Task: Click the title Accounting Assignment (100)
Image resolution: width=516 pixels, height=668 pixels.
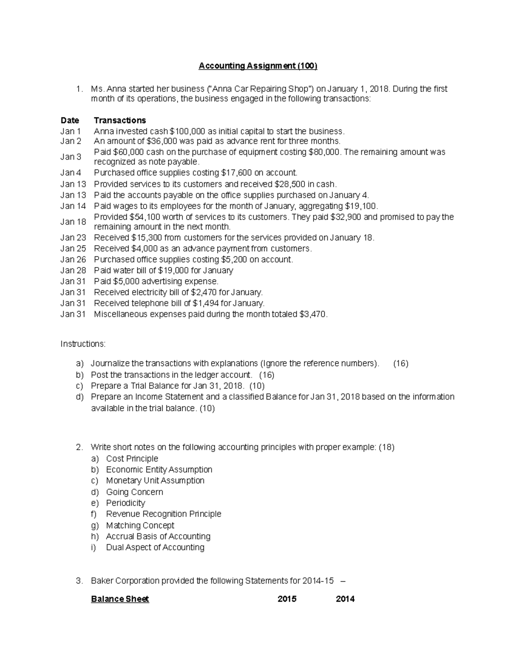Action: [x=258, y=66]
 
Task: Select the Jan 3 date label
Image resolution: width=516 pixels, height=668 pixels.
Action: [x=71, y=157]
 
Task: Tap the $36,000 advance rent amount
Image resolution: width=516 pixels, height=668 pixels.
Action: [x=161, y=141]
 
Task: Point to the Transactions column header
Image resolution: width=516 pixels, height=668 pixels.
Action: [x=120, y=120]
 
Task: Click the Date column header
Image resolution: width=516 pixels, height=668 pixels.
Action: [x=70, y=120]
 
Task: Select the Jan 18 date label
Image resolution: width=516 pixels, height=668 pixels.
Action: [x=73, y=222]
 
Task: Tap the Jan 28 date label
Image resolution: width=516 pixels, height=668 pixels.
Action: [x=73, y=271]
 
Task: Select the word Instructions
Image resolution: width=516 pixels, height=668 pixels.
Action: [x=83, y=344]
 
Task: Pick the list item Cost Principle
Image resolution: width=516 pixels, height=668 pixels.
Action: [x=132, y=459]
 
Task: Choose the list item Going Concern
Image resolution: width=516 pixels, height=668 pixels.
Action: [x=134, y=492]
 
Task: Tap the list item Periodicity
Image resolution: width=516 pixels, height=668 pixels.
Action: [x=125, y=503]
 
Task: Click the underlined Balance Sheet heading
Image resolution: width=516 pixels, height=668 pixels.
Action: [x=120, y=599]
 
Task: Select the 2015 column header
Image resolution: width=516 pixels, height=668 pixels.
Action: [x=287, y=599]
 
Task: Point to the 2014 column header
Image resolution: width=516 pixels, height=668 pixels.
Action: [x=345, y=599]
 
